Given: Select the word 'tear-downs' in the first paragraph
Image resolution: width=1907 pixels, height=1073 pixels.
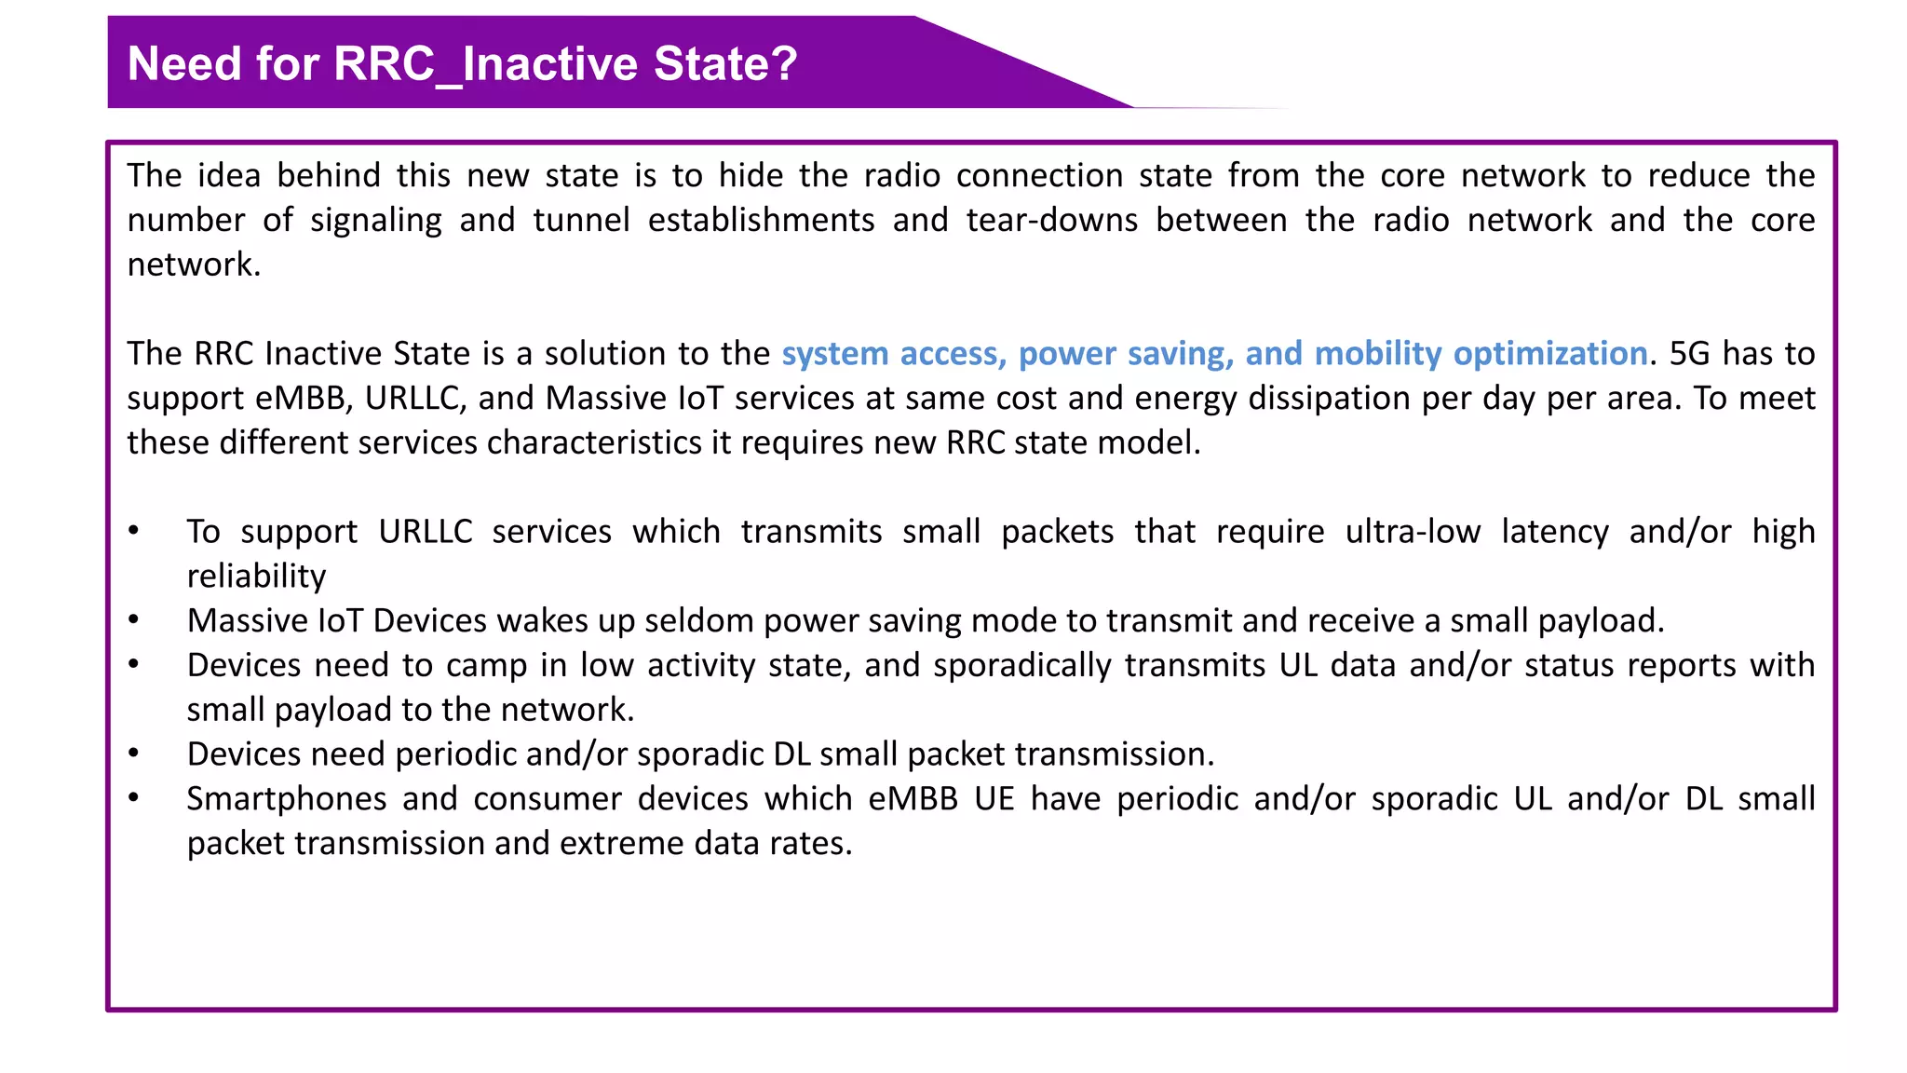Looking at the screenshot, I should tap(1051, 221).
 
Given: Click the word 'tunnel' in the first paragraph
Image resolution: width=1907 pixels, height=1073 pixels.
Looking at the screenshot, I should tap(581, 221).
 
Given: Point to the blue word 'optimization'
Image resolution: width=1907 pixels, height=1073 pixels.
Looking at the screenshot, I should tap(1549, 354).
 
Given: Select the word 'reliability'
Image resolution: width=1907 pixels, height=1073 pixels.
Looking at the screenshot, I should tap(256, 577).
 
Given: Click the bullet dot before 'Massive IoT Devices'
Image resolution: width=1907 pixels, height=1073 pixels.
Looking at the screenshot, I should tap(134, 619).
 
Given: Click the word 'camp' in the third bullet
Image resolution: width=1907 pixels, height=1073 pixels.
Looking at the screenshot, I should tap(486, 666).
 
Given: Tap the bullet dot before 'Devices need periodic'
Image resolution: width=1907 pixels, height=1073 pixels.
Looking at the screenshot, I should tap(134, 753).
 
